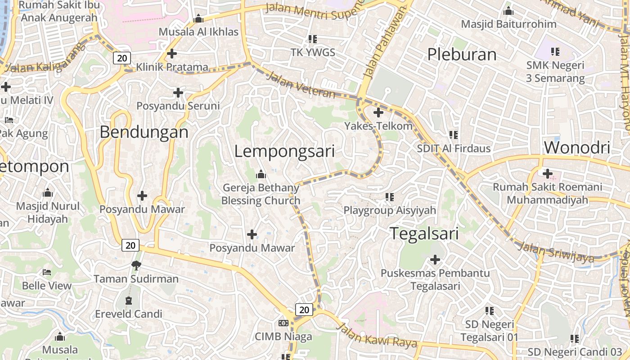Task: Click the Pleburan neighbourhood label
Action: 462,54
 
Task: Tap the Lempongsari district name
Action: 284,151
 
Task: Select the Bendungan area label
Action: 144,132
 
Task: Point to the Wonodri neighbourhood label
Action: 577,148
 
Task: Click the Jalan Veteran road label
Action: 301,85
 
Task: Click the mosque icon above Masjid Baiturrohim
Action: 508,11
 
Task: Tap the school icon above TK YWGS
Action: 313,39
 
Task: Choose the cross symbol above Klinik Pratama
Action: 171,54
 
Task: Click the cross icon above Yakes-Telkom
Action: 378,112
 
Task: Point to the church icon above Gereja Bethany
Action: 261,174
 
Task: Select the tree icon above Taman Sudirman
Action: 136,265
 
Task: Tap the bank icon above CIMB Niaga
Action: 283,323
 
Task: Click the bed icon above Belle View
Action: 47,272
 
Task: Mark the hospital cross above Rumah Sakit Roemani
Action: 548,173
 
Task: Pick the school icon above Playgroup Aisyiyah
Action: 390,197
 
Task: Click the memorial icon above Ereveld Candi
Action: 129,300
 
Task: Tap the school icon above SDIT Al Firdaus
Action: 454,135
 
